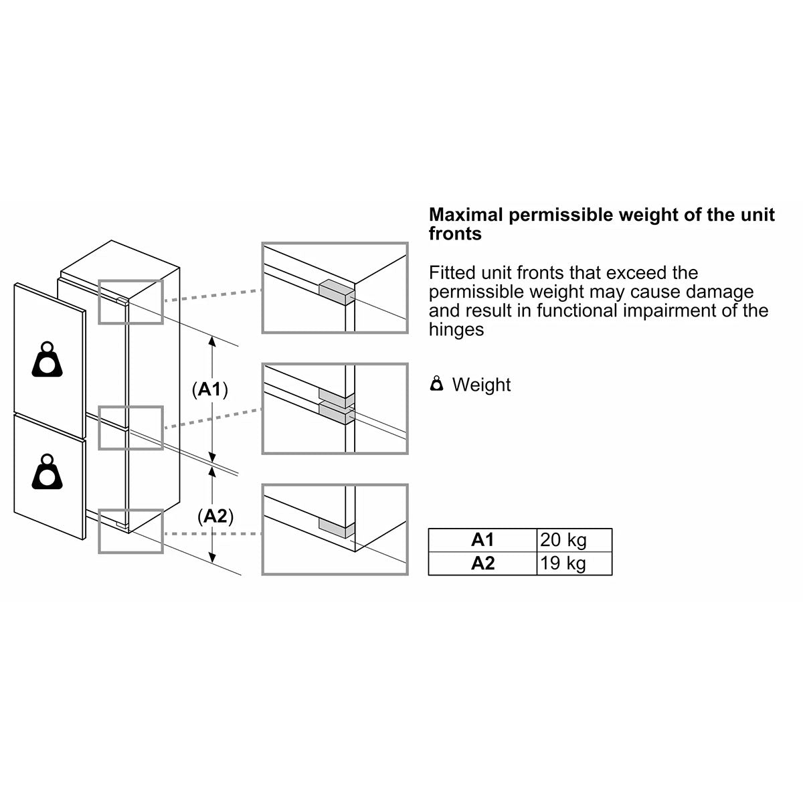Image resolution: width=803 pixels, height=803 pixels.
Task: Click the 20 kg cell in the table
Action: click(574, 540)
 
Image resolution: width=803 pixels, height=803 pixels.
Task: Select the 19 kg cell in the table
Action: click(574, 563)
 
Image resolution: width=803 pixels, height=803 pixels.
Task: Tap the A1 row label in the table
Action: click(482, 540)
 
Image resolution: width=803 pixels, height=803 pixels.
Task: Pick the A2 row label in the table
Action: click(482, 563)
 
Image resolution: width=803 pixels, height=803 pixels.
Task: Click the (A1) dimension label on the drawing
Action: click(209, 389)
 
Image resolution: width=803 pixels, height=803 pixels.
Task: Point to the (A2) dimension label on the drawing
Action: click(215, 517)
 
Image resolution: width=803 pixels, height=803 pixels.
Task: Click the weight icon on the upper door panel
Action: click(47, 359)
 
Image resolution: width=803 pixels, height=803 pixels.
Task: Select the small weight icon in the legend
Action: click(436, 383)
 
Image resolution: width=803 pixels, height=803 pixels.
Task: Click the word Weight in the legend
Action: click(481, 385)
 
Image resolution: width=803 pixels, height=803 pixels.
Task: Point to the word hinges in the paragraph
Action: click(456, 330)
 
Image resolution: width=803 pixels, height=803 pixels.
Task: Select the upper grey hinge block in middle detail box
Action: click(337, 398)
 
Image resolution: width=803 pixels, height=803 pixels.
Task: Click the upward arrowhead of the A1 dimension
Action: click(212, 341)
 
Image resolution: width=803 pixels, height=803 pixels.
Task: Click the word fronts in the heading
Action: click(456, 234)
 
